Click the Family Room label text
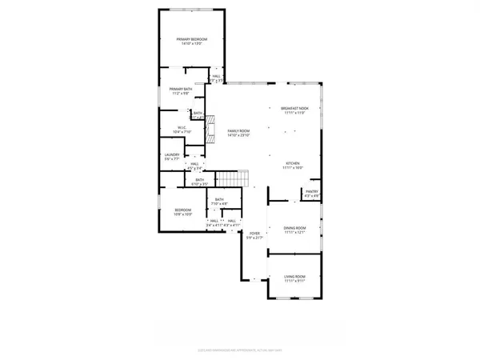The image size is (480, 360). click(x=238, y=130)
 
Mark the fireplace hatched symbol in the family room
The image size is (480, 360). click(x=211, y=129)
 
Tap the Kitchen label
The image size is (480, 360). click(x=294, y=164)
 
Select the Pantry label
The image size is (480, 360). click(x=311, y=193)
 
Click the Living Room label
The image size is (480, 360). click(x=295, y=278)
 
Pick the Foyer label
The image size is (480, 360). click(x=254, y=234)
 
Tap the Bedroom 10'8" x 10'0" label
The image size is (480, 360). click(x=183, y=211)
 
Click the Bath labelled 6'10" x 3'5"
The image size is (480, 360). click(x=201, y=182)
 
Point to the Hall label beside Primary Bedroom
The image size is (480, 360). click(x=216, y=78)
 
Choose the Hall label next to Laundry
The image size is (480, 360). click(x=194, y=165)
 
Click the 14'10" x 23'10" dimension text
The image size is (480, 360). click(x=238, y=136)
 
